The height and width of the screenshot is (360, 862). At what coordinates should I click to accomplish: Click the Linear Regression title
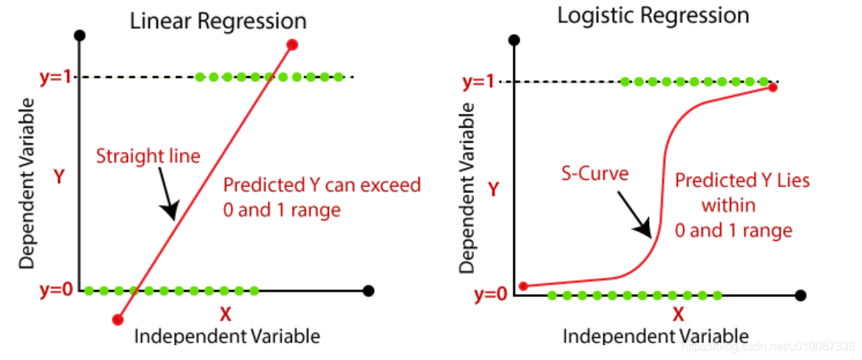(218, 21)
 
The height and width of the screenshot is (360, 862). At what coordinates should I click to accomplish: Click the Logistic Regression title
(653, 16)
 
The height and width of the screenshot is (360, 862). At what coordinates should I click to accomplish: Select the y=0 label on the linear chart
(56, 289)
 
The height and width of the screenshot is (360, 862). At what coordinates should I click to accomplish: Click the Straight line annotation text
(149, 157)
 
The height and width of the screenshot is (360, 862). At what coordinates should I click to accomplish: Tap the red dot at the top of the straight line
(292, 45)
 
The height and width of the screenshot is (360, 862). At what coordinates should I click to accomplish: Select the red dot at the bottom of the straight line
(117, 319)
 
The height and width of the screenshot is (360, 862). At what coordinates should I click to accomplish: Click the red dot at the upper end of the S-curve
(773, 87)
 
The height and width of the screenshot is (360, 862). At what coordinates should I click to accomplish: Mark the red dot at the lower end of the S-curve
(523, 286)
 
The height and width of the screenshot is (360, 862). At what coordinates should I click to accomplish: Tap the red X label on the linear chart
(225, 314)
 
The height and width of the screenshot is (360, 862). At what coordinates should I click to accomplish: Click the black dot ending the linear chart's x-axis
(369, 291)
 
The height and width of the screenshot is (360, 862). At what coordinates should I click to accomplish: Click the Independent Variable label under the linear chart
(227, 336)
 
